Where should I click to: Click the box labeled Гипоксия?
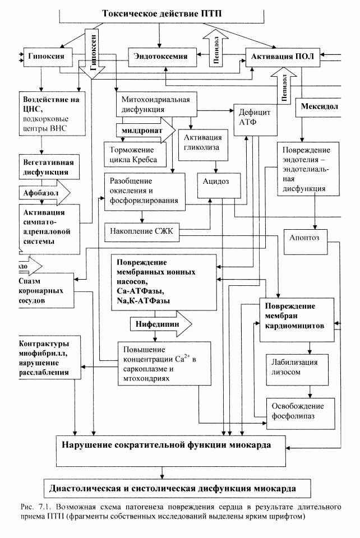coord(48,57)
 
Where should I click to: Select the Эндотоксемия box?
coord(163,57)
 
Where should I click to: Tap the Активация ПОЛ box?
coord(283,57)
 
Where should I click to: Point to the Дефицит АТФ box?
coord(255,120)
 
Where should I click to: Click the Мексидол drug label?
coord(319,106)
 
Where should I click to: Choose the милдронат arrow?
coord(146,131)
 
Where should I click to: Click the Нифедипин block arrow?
coord(160,324)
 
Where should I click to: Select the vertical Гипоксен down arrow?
coord(93,53)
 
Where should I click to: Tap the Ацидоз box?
coord(219,185)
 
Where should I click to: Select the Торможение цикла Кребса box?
coord(135,155)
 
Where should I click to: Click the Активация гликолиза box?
coord(203,145)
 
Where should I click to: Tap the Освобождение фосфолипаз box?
coord(301,414)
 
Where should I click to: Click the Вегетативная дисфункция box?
coord(49,167)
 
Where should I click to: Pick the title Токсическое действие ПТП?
coord(161,13)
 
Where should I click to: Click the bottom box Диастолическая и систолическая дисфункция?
coord(177,488)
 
